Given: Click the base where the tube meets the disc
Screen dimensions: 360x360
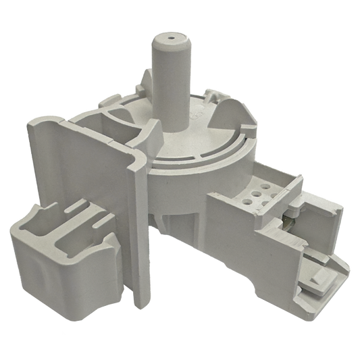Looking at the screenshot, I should point(172,132).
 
